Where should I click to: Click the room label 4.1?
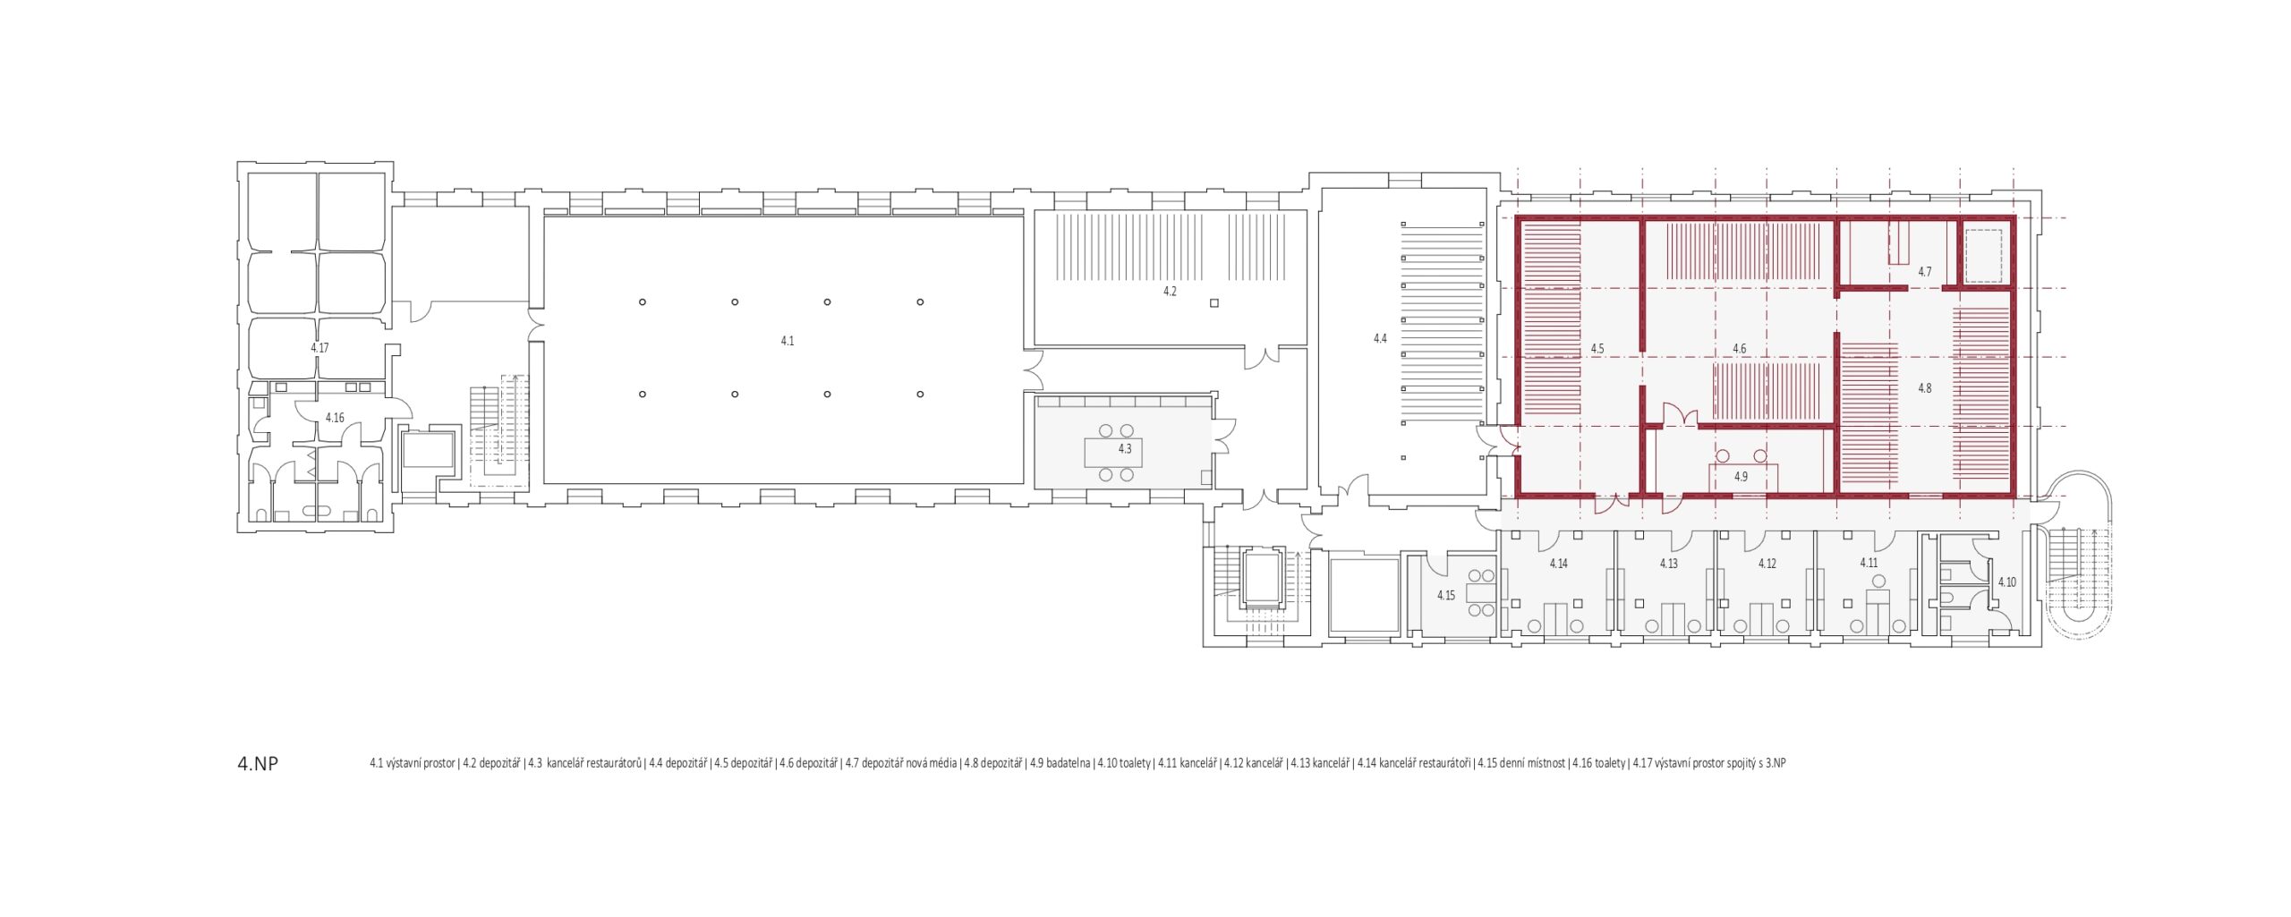(x=787, y=341)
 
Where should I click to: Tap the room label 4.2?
(x=1170, y=292)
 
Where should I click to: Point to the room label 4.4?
(x=1380, y=339)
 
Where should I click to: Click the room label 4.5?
(x=1597, y=349)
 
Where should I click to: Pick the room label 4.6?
(x=1739, y=349)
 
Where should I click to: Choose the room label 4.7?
(x=1924, y=272)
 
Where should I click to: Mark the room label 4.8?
(x=1924, y=388)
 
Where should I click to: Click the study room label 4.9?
(x=1741, y=477)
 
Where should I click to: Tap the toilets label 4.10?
(x=2007, y=582)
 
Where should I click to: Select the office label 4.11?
(x=1869, y=564)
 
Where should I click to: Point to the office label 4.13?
(x=1668, y=565)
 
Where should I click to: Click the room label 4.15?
(x=1446, y=596)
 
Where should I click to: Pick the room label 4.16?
(x=335, y=418)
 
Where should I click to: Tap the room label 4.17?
(x=319, y=348)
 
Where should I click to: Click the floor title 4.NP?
(x=258, y=763)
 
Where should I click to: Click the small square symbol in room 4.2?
(x=1214, y=303)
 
